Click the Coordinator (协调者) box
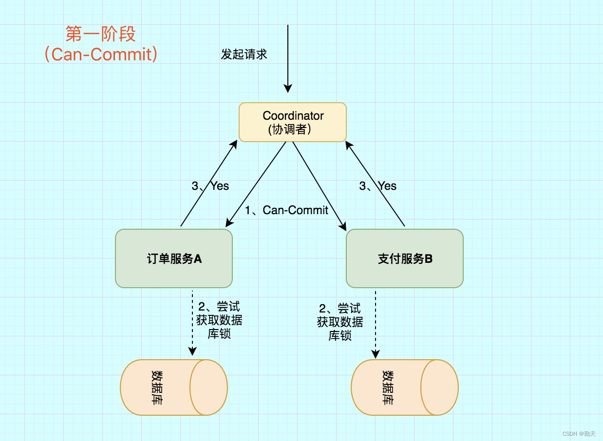293,122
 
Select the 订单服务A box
174,258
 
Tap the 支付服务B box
405,258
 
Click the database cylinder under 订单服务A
174,387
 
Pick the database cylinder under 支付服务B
405,387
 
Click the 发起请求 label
244,54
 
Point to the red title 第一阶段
100,34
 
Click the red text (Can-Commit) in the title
100,54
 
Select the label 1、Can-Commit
286,210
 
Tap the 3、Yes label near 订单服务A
210,186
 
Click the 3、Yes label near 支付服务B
378,186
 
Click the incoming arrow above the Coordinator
288,58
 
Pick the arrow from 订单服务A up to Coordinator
208,184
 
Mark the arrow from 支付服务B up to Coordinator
376,184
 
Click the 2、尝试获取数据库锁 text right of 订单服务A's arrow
219,321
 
